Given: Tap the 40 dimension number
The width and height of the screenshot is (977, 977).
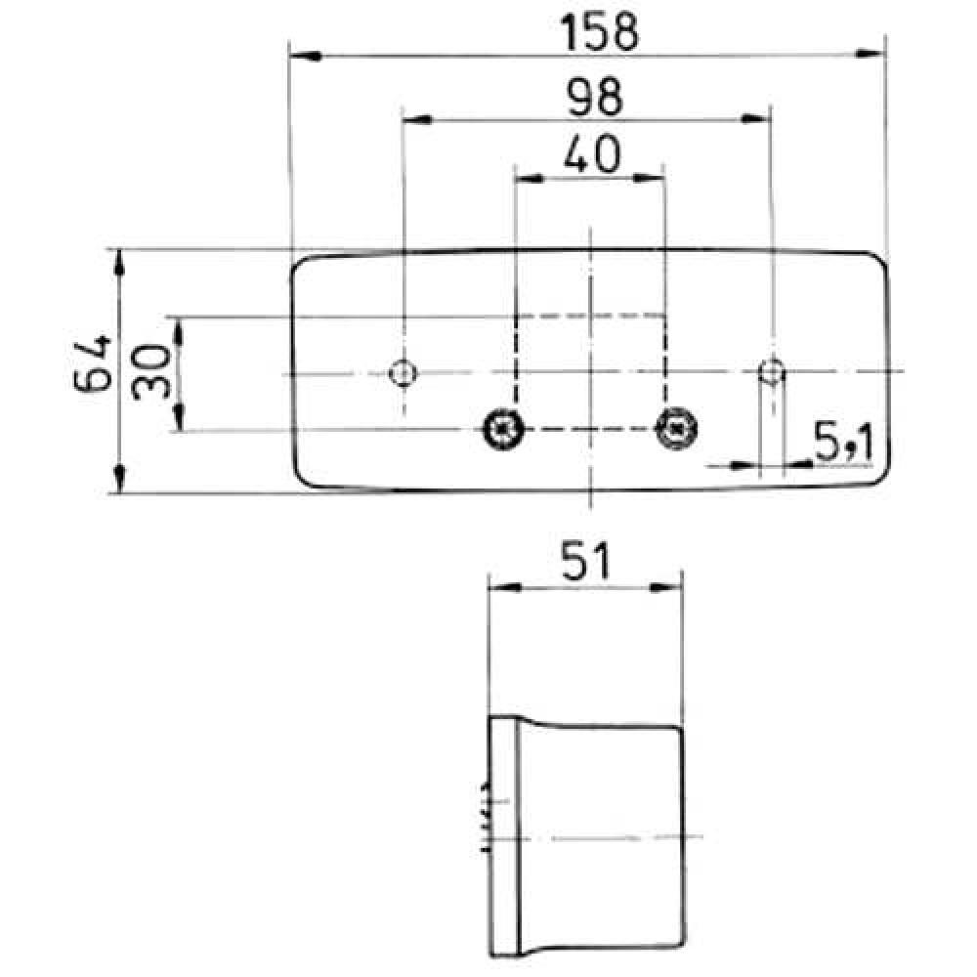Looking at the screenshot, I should tap(591, 154).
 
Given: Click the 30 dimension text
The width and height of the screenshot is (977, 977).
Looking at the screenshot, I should tap(153, 372).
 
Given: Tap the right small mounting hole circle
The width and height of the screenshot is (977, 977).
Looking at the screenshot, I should tap(772, 372).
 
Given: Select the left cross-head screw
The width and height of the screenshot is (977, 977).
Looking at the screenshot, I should tap(504, 427).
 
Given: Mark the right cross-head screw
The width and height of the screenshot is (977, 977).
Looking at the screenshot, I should tap(675, 427).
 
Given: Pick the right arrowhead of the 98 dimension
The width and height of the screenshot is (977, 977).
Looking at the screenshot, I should tap(756, 119).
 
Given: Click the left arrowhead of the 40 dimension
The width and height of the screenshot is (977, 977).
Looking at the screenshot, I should tap(529, 178).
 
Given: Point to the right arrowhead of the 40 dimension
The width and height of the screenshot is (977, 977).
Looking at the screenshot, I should tap(649, 178).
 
